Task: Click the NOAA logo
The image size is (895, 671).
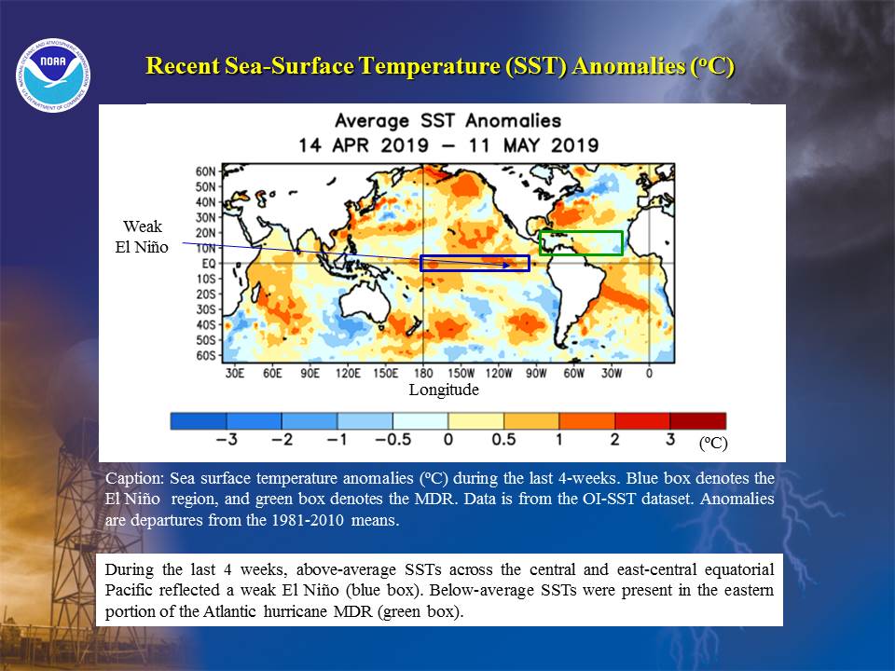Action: (x=53, y=75)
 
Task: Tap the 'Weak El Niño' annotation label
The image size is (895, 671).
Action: (x=142, y=237)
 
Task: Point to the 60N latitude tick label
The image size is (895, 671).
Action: (x=205, y=171)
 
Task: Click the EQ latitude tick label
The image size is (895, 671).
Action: (x=209, y=264)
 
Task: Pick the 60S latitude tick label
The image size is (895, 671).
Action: (x=205, y=355)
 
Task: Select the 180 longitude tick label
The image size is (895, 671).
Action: (x=423, y=373)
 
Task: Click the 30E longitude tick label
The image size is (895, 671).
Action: (x=235, y=373)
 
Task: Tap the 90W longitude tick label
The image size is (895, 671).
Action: (x=536, y=373)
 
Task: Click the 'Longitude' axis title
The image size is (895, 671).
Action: (x=444, y=390)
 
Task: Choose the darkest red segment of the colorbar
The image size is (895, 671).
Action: (x=697, y=421)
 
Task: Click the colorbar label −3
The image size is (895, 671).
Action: (x=227, y=439)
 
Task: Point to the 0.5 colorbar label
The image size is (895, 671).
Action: (x=503, y=439)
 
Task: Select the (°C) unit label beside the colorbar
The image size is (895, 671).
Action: (x=713, y=444)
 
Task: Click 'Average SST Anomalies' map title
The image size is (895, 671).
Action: (x=448, y=121)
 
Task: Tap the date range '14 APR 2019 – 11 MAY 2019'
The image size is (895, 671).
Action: (x=448, y=145)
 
